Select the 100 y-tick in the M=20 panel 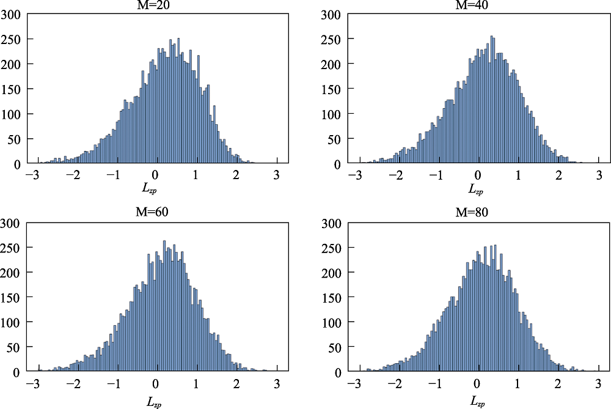tap(10, 114)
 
